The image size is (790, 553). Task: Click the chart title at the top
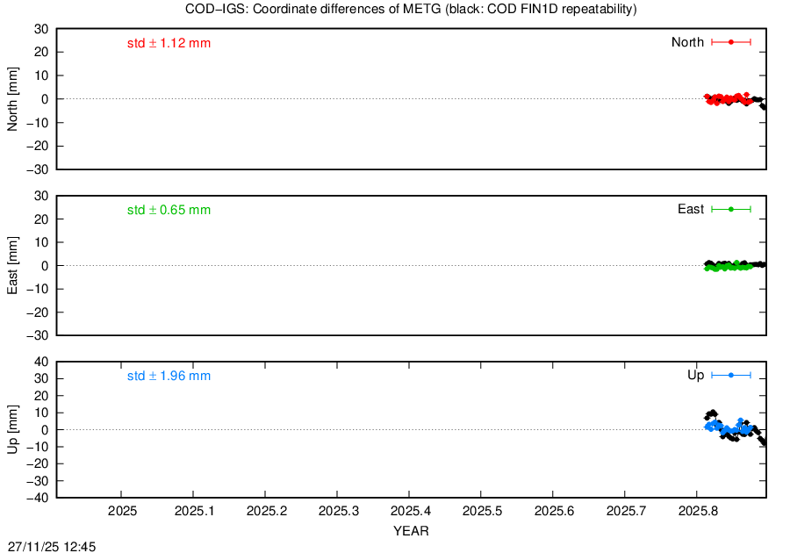(411, 9)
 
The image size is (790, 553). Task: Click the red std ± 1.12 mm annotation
(169, 43)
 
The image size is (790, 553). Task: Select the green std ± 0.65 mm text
(169, 210)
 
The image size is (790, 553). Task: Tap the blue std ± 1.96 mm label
(169, 377)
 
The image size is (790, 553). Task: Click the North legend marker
(731, 42)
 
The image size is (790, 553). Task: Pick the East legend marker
(731, 209)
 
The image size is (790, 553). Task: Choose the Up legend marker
(731, 375)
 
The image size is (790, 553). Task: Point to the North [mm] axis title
(12, 99)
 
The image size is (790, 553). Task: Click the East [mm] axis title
(12, 265)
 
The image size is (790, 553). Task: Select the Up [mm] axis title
(12, 429)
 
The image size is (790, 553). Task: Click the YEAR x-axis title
(411, 531)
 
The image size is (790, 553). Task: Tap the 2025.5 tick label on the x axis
(482, 511)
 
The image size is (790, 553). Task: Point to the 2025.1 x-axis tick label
(195, 511)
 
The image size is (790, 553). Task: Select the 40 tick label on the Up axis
(41, 362)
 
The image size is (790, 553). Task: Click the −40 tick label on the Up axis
(38, 498)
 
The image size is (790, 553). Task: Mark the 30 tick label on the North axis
(41, 29)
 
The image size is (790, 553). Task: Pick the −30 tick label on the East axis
(38, 335)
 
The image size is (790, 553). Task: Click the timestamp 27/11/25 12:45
(52, 547)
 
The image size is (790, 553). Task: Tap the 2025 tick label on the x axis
(122, 511)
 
